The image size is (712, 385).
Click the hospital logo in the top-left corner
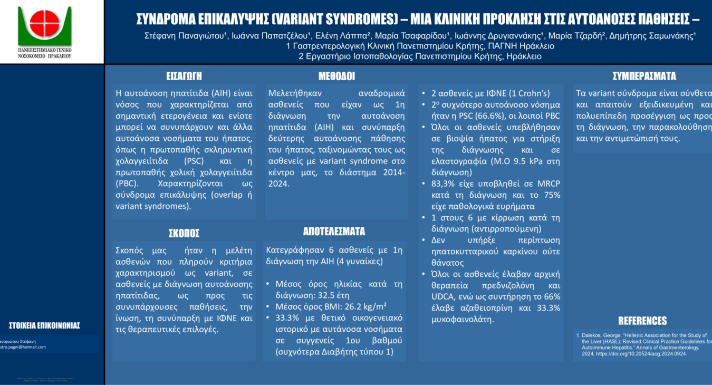[44, 26]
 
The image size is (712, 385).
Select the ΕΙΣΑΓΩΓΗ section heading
[184, 76]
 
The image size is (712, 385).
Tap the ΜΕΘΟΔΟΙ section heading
[336, 76]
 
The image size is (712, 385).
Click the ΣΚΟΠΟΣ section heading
[184, 233]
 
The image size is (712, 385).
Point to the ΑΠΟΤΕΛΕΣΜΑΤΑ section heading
[334, 232]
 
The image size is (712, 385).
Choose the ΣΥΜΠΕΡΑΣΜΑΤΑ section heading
[644, 76]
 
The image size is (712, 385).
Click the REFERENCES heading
[642, 321]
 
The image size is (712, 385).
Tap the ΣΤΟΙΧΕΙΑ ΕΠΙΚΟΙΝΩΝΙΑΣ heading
[44, 325]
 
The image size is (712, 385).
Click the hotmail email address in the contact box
[23, 347]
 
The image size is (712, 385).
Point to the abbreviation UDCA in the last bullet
[443, 297]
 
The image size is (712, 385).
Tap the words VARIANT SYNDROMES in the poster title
[335, 20]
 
